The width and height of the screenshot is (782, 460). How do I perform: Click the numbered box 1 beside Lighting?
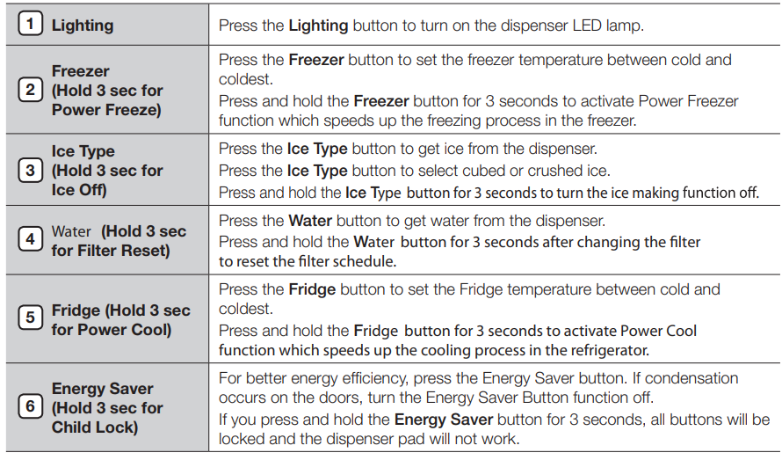[31, 25]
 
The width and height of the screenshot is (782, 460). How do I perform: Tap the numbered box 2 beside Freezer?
[31, 91]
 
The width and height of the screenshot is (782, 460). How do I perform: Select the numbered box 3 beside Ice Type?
[31, 170]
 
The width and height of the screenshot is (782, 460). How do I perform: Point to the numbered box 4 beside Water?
[31, 240]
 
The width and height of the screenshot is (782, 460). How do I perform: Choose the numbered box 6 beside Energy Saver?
[31, 407]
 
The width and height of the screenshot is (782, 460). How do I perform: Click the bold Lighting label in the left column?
[83, 26]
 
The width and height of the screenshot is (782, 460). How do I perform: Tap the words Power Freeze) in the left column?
[106, 110]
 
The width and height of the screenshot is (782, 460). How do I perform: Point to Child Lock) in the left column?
[95, 427]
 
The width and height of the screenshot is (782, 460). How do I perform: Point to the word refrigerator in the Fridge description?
[608, 350]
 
